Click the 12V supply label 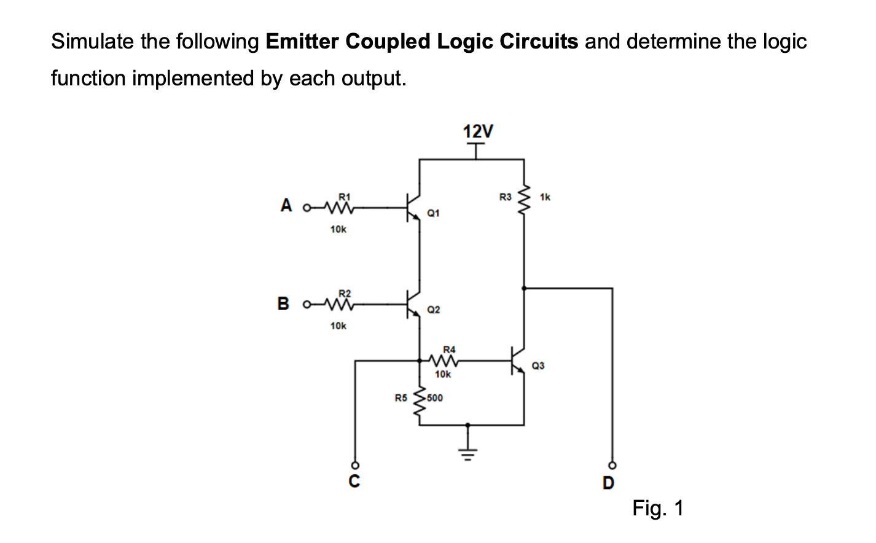click(x=477, y=131)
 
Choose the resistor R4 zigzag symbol click(x=444, y=361)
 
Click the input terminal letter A click(x=286, y=205)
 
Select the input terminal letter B click(x=283, y=303)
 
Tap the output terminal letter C click(x=354, y=481)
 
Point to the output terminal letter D click(x=608, y=483)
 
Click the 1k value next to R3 click(x=545, y=197)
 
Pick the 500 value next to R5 click(x=434, y=397)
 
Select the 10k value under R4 click(x=442, y=374)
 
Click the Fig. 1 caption click(x=658, y=509)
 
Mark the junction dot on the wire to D click(x=523, y=287)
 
